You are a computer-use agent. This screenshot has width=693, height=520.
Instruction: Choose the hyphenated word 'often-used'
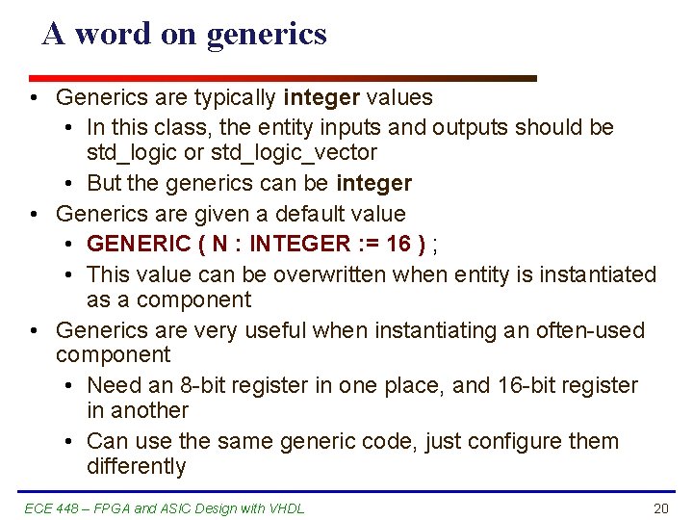click(589, 331)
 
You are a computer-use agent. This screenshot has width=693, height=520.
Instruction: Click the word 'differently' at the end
click(136, 467)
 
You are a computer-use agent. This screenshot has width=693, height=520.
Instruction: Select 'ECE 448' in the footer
click(44, 508)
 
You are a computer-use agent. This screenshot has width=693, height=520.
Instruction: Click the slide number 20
click(660, 508)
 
